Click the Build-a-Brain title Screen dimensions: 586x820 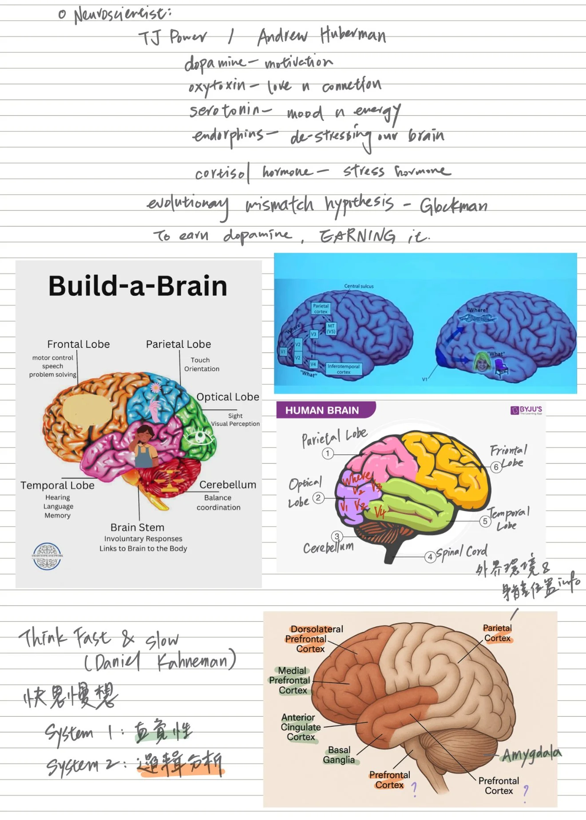click(x=138, y=286)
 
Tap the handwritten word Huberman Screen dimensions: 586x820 click(x=353, y=35)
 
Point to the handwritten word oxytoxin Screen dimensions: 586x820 click(x=217, y=85)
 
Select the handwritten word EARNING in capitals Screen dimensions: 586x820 click(x=357, y=236)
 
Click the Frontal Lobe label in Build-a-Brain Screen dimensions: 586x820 click(x=79, y=344)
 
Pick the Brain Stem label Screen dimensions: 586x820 click(x=137, y=527)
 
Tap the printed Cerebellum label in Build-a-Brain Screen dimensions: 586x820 click(x=227, y=485)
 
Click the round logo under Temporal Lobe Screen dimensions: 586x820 click(x=47, y=556)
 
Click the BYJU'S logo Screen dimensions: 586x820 click(x=527, y=410)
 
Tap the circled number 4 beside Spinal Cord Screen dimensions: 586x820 click(x=430, y=557)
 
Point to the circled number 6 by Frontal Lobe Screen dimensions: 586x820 click(x=496, y=467)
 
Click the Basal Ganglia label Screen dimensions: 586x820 click(x=339, y=755)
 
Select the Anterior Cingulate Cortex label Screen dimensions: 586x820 click(x=301, y=727)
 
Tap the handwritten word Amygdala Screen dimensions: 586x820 click(x=531, y=754)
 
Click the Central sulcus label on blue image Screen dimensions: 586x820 click(x=359, y=286)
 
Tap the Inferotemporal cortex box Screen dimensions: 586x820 click(x=344, y=369)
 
